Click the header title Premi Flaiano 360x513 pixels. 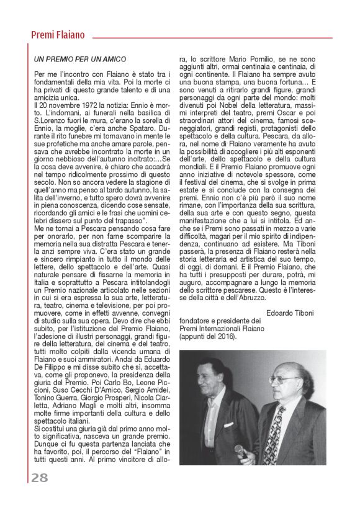(58, 35)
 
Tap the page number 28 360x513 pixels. (39, 477)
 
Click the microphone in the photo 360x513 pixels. (241, 450)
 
